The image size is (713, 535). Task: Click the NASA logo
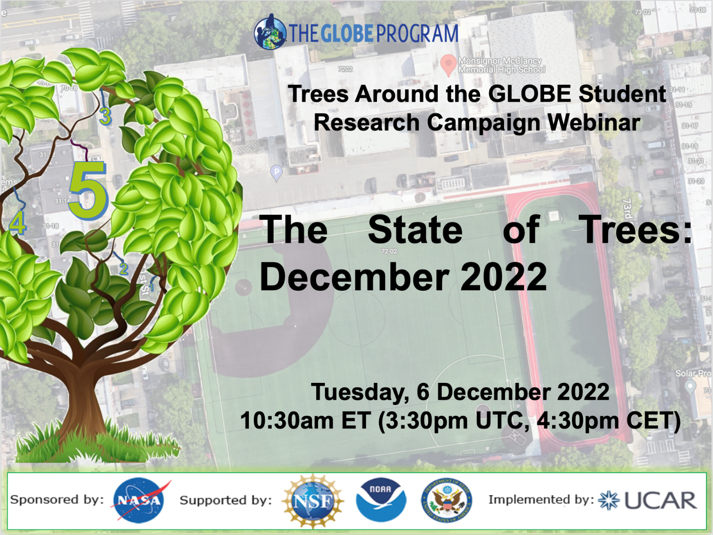(x=139, y=500)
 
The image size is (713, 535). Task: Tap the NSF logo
(x=313, y=501)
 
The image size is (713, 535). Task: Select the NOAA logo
(x=380, y=500)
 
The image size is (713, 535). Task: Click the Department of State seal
(x=446, y=500)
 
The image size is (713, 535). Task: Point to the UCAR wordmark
(x=660, y=501)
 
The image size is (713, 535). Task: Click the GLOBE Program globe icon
(x=270, y=32)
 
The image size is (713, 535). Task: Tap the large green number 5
(x=89, y=190)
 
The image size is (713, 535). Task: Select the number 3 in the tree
(x=105, y=117)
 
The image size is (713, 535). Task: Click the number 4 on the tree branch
(x=17, y=223)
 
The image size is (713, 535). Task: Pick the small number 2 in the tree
(x=124, y=269)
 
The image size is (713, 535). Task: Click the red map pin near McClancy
(x=448, y=64)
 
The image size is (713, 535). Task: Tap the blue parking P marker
(x=276, y=173)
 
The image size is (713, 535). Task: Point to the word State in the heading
(x=415, y=230)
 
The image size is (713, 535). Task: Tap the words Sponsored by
(x=57, y=500)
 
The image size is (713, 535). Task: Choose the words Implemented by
(x=541, y=500)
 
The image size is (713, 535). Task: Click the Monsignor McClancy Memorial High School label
(x=501, y=65)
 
